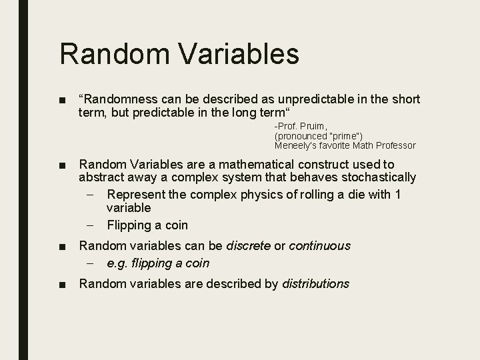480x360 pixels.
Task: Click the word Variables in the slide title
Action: point(233,54)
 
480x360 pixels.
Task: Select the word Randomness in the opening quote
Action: point(116,99)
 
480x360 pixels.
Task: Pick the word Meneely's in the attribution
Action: point(298,145)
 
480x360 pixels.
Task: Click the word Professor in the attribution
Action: point(393,145)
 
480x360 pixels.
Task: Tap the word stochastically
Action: point(374,177)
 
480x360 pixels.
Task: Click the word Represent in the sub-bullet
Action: point(133,195)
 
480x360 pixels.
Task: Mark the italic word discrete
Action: point(249,246)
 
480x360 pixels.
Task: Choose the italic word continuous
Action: point(319,246)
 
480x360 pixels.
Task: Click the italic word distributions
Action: point(315,284)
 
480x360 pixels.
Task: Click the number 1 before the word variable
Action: point(398,195)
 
